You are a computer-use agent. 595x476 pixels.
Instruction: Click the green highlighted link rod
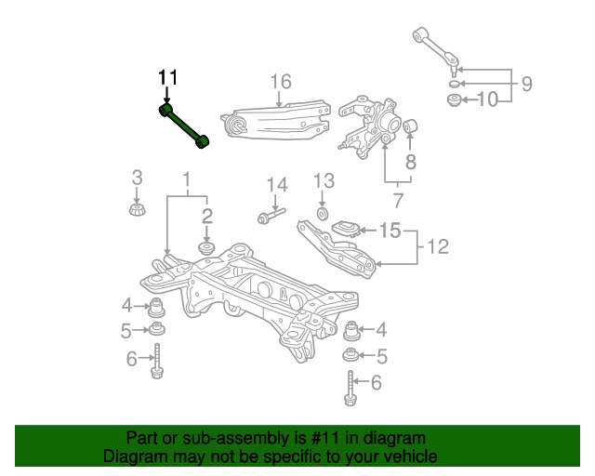point(184,126)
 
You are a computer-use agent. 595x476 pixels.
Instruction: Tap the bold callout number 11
point(167,78)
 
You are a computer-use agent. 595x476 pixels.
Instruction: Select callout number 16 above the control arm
point(281,82)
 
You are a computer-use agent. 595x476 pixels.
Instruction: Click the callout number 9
point(527,84)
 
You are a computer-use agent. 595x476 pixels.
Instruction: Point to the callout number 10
point(487,99)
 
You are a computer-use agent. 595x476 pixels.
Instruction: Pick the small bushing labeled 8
point(410,126)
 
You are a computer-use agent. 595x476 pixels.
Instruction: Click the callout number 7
point(397,201)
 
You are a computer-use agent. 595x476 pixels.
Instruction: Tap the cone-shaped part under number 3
point(138,210)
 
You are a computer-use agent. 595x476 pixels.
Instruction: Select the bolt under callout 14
point(271,216)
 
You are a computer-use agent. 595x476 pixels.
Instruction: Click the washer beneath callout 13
point(323,214)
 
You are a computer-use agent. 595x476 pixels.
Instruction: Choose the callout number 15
point(390,231)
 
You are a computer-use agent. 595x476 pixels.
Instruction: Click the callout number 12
point(438,246)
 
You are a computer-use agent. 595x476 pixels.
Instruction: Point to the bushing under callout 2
point(206,248)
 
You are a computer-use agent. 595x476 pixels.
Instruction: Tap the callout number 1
point(186,179)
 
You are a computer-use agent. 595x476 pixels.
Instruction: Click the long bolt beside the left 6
point(157,361)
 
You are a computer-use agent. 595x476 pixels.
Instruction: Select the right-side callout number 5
point(381,356)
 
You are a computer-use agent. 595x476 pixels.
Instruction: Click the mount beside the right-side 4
point(351,330)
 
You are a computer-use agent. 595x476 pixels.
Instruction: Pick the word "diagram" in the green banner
point(394,438)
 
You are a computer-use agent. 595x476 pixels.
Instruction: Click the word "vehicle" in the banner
point(411,456)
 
